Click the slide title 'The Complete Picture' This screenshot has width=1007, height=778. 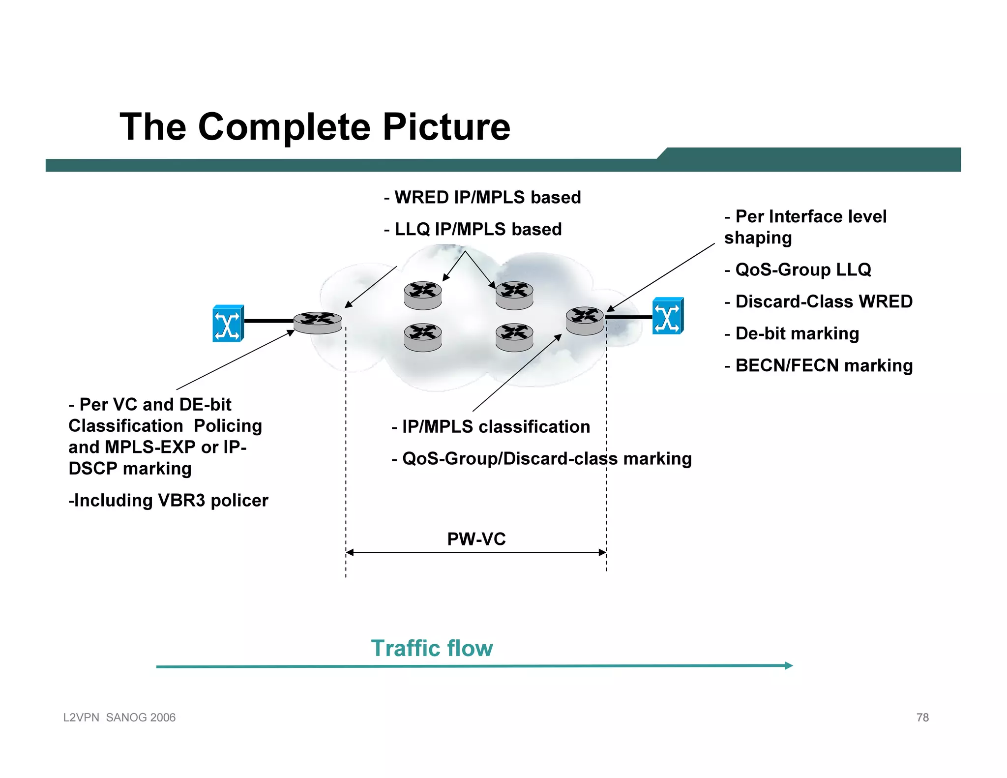click(x=315, y=127)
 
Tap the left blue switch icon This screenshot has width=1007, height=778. click(x=228, y=323)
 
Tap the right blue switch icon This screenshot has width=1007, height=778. click(x=667, y=316)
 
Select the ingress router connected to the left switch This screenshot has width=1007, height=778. click(x=317, y=323)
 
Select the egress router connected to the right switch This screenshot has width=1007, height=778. click(x=585, y=321)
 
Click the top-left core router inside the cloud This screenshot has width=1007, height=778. click(x=422, y=295)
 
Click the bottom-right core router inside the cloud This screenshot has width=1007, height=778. click(x=514, y=337)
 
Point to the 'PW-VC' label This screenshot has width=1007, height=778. click(x=476, y=539)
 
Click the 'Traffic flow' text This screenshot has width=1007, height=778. click(x=432, y=648)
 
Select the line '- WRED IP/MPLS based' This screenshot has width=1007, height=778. click(x=482, y=197)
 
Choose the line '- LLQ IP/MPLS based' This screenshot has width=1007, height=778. click(x=473, y=229)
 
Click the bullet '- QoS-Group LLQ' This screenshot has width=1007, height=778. click(x=798, y=269)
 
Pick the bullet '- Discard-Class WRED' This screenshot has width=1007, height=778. click(x=818, y=301)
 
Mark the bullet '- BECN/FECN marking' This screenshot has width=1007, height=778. click(x=818, y=365)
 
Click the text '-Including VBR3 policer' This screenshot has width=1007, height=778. click(x=168, y=500)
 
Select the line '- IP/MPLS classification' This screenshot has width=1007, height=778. click(x=491, y=426)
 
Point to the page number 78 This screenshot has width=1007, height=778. click(x=922, y=718)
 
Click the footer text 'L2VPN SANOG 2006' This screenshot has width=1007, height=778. click(x=119, y=718)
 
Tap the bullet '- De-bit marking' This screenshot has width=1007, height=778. click(x=792, y=333)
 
